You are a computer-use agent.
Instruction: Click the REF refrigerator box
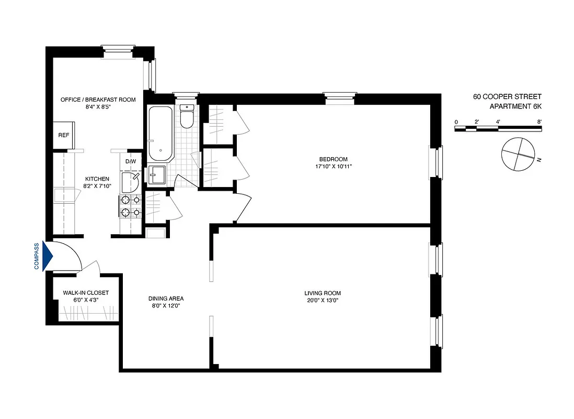click(64, 135)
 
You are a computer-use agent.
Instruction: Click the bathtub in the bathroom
click(160, 134)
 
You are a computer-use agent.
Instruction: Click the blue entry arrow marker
click(48, 256)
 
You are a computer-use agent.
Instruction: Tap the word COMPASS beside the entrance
click(37, 256)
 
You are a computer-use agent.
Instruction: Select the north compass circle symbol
click(515, 154)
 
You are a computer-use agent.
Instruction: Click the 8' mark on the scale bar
click(539, 122)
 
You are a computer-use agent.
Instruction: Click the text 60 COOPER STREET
click(507, 96)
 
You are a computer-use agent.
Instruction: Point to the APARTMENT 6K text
click(515, 107)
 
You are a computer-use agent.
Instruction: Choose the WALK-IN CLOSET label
click(86, 293)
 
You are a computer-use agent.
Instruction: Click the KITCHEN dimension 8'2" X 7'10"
click(97, 186)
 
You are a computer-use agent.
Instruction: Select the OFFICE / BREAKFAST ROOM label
click(98, 100)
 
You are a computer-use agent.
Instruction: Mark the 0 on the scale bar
click(456, 122)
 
